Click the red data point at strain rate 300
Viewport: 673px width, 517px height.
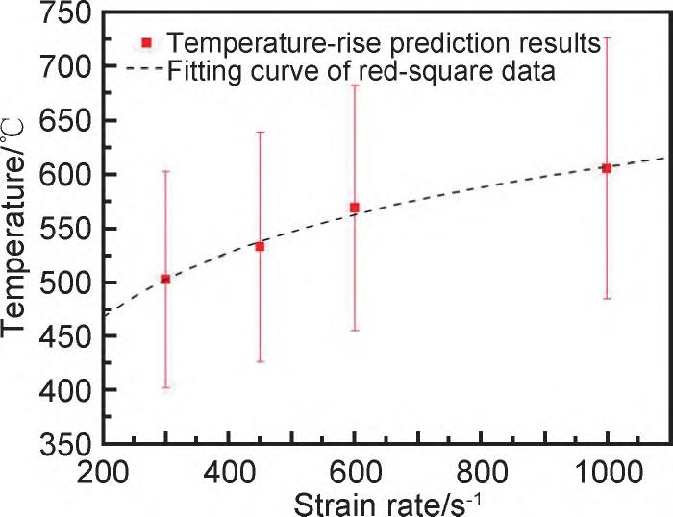click(x=165, y=279)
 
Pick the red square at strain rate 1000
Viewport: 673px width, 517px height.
click(x=607, y=168)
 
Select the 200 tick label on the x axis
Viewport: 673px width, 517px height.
click(x=102, y=471)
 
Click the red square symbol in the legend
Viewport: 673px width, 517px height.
click(x=147, y=42)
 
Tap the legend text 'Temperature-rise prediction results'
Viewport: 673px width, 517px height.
click(x=383, y=43)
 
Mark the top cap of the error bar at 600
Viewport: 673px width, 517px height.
click(x=355, y=86)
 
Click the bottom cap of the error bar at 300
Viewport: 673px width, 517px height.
click(x=165, y=387)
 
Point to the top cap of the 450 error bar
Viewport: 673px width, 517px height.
click(x=260, y=132)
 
